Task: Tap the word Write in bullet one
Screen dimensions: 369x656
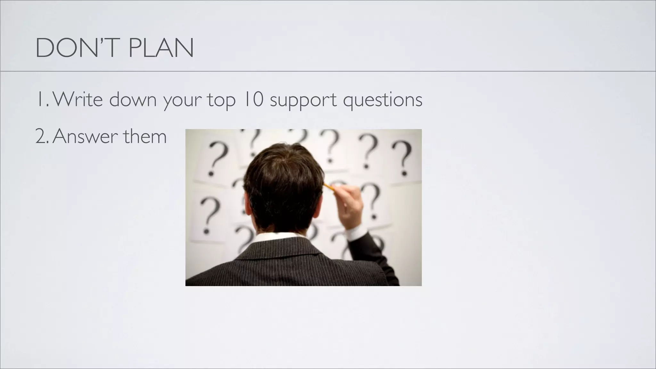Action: pos(78,99)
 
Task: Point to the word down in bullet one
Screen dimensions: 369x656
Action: pos(133,99)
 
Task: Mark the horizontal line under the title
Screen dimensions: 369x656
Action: pos(328,71)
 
